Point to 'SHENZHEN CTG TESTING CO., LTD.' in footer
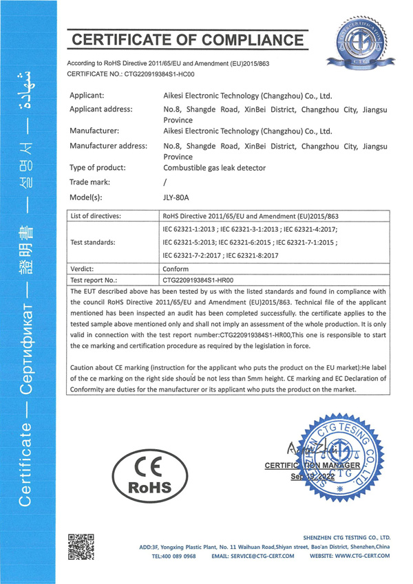(346, 537)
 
